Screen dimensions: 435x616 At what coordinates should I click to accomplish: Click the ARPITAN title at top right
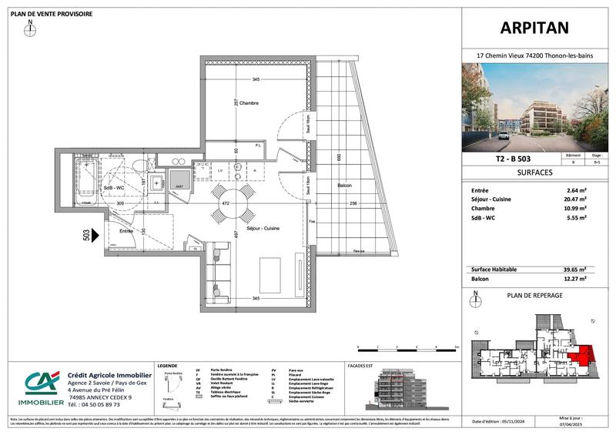coord(537,28)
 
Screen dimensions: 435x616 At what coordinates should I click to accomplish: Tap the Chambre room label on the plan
coord(247,103)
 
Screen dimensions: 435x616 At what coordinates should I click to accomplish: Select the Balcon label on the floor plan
coord(344,186)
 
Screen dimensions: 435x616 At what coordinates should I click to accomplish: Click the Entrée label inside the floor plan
coord(127,230)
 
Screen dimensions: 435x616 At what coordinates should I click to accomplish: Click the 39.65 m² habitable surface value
coord(574,269)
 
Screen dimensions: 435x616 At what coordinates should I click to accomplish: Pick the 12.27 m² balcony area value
coord(574,279)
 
